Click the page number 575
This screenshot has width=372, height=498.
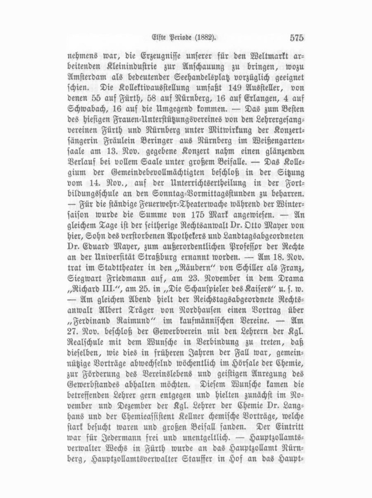pyautogui.click(x=297, y=37)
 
